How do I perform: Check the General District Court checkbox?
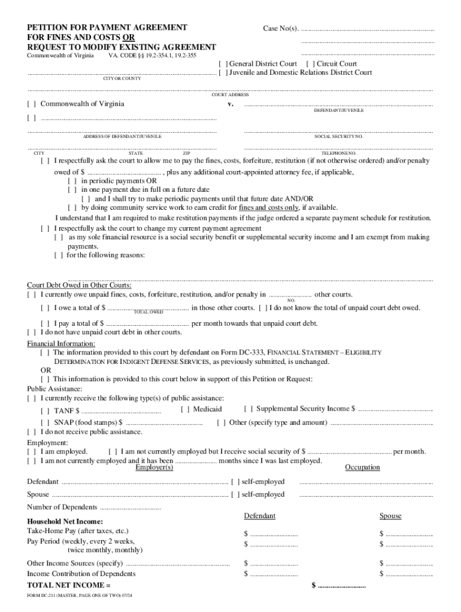click(222, 64)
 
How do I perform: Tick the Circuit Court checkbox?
click(310, 64)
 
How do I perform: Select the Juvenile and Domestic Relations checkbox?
click(222, 73)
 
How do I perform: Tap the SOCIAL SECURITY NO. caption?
click(338, 136)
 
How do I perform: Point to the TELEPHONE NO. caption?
click(338, 154)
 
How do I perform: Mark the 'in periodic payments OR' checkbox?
click(72, 180)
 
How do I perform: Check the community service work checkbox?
click(72, 208)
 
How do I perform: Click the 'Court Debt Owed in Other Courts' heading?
click(80, 286)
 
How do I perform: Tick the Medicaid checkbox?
click(184, 409)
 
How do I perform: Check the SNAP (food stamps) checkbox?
click(45, 423)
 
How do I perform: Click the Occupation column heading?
click(362, 467)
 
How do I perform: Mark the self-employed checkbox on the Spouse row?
click(235, 495)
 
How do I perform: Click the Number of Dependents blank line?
click(131, 508)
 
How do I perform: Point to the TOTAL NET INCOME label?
click(69, 585)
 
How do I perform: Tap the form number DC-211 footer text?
click(80, 596)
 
